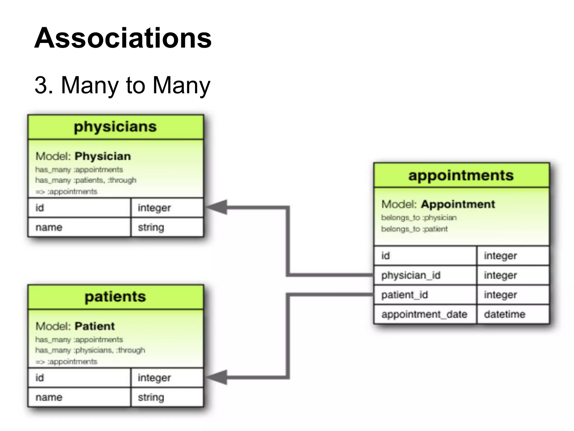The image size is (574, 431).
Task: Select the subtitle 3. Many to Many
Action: tap(122, 85)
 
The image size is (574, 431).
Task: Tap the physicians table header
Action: tap(115, 127)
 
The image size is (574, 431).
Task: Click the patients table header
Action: tap(115, 297)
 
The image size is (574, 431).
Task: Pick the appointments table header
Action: tap(461, 175)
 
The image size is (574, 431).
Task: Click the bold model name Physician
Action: tap(103, 156)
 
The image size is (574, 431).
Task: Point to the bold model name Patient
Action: tap(94, 326)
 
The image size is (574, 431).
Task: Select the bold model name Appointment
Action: tap(458, 204)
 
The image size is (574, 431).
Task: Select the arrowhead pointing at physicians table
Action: tap(217, 207)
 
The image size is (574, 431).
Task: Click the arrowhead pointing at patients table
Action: tap(217, 377)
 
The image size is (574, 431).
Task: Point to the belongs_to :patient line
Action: tap(414, 229)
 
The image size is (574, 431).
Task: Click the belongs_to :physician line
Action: tap(419, 218)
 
